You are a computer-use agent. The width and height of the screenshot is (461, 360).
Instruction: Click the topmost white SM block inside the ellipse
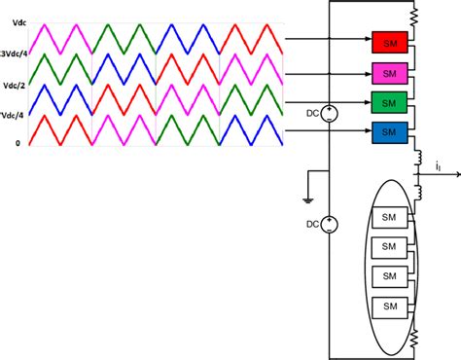[x=390, y=217]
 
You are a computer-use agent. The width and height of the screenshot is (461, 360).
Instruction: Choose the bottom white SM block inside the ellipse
[x=390, y=307]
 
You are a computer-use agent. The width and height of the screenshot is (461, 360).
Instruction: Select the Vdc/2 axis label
[x=13, y=84]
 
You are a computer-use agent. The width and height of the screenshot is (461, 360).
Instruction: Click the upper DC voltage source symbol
[x=331, y=114]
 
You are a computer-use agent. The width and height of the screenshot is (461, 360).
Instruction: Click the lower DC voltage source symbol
[x=331, y=226]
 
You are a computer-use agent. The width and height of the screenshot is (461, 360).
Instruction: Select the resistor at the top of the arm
[x=415, y=18]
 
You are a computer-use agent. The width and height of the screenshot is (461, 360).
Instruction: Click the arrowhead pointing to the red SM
[x=366, y=43]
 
